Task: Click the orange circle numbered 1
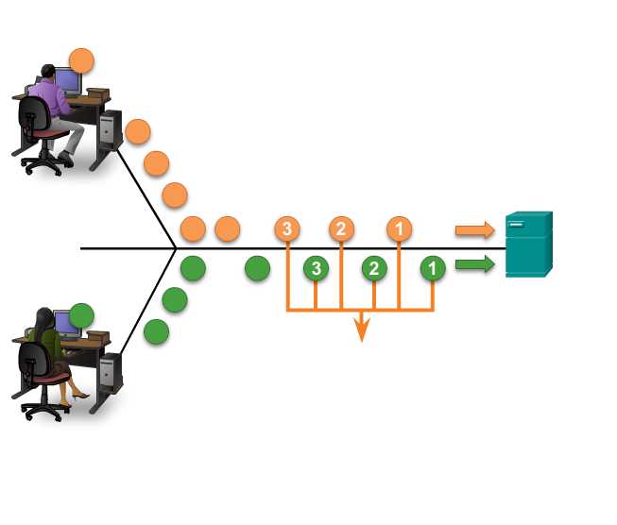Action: click(x=399, y=229)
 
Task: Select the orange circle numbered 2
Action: click(x=341, y=229)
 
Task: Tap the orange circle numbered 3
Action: click(x=286, y=229)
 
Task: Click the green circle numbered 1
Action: click(x=433, y=268)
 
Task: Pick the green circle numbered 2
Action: click(x=374, y=268)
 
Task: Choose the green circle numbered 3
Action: click(x=316, y=268)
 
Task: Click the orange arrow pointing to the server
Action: click(x=474, y=229)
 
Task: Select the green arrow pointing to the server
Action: click(x=474, y=264)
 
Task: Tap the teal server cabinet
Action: click(x=528, y=245)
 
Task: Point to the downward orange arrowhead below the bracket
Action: click(x=360, y=330)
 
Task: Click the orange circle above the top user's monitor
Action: click(x=82, y=61)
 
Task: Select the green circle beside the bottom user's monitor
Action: click(x=82, y=314)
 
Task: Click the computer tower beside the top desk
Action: click(x=111, y=129)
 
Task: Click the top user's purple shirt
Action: click(x=46, y=94)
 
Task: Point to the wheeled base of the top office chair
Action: click(x=43, y=162)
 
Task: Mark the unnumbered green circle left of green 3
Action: click(x=257, y=268)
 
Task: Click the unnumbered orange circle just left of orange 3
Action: click(x=227, y=229)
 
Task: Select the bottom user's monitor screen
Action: click(x=66, y=324)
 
